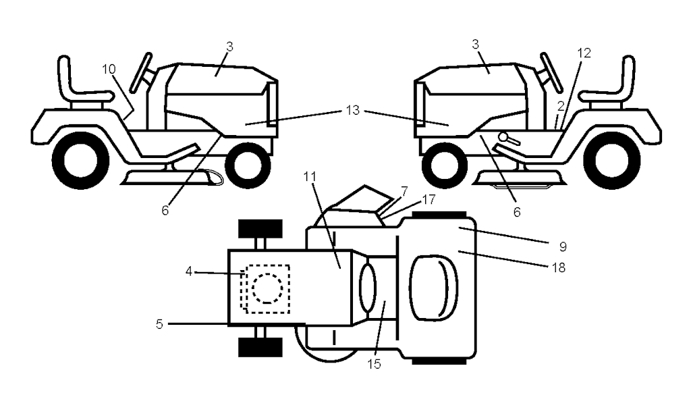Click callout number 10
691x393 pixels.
pyautogui.click(x=109, y=70)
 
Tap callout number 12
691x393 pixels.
pyautogui.click(x=584, y=53)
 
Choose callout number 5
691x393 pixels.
pyautogui.click(x=160, y=324)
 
